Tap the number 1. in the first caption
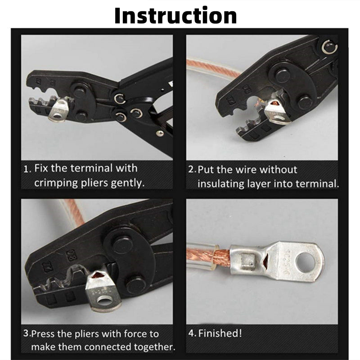pos(27,169)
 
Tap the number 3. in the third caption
pos(27,333)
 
